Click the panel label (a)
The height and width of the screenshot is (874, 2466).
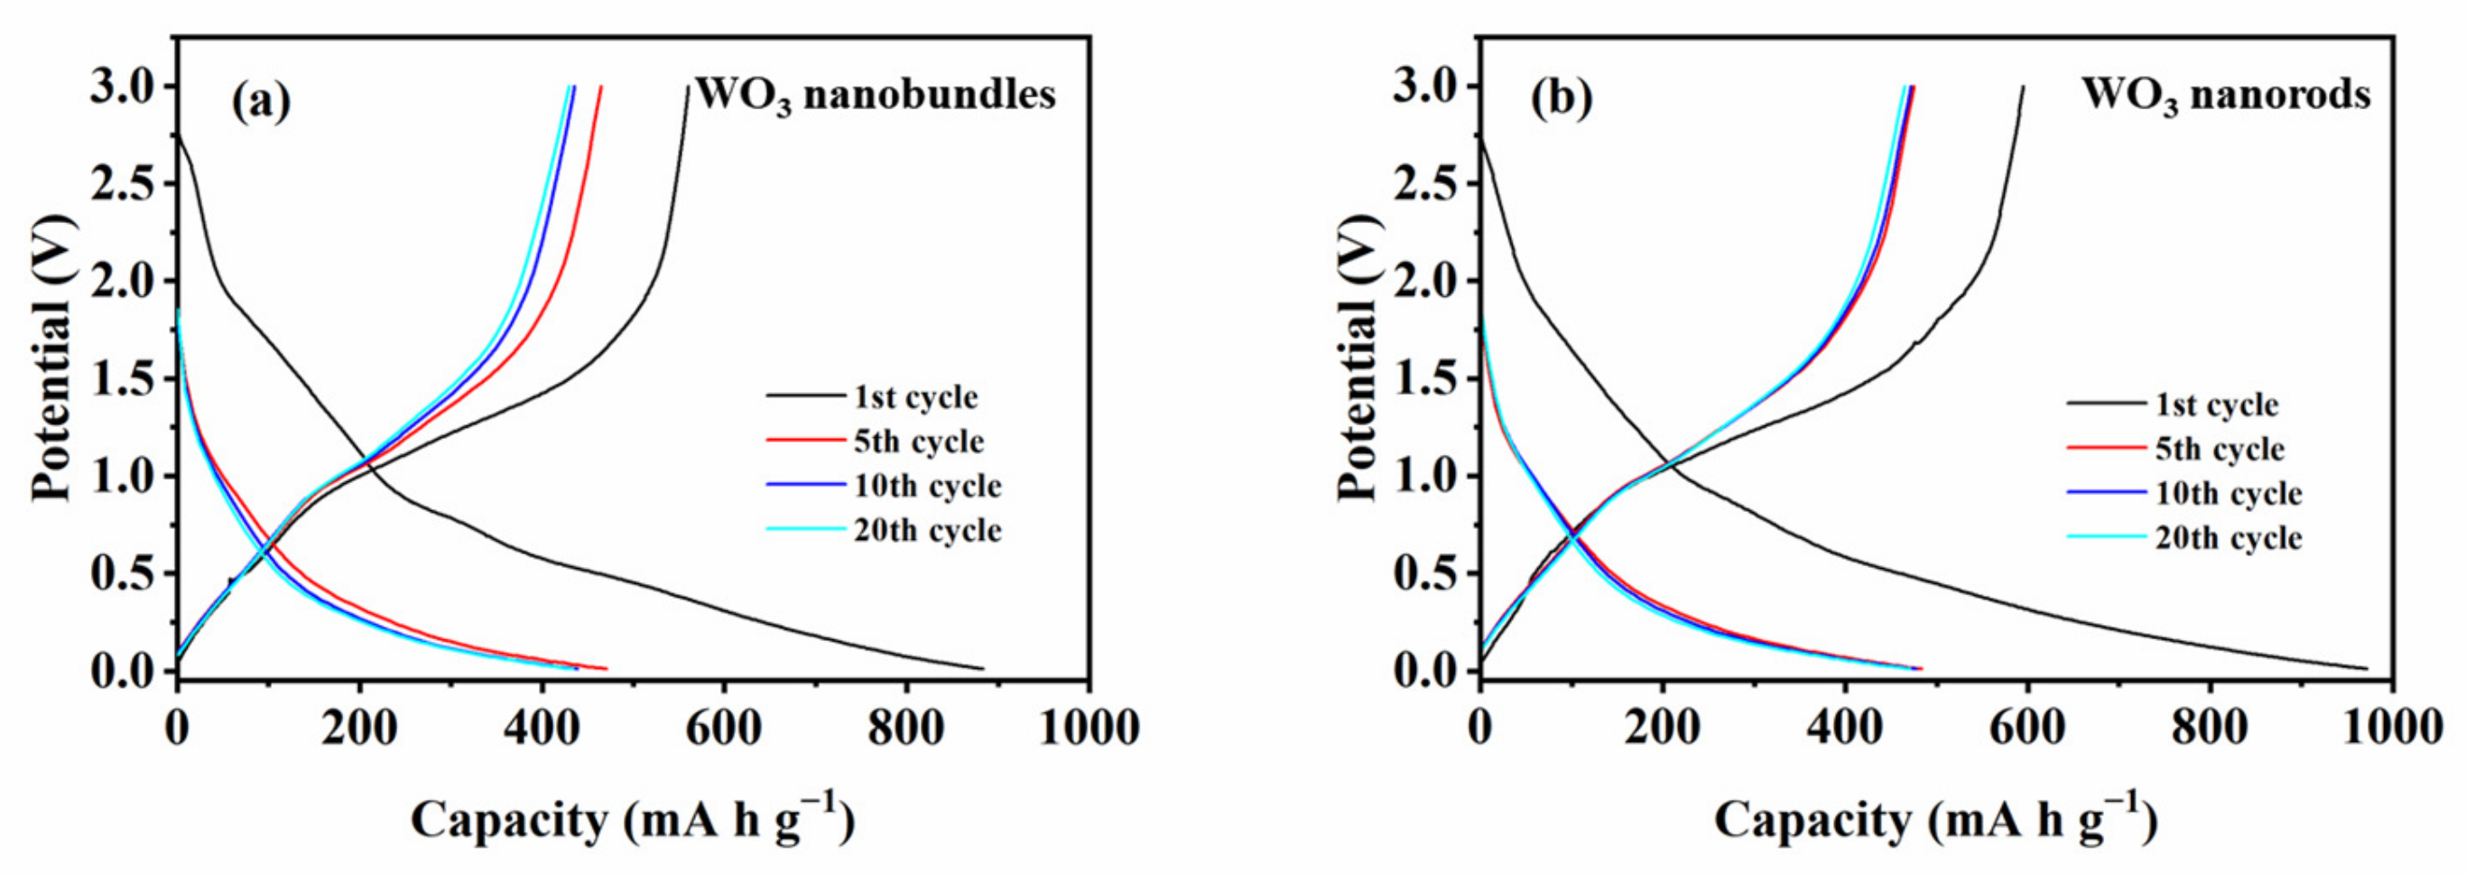click(x=260, y=100)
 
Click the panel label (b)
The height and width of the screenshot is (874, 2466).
click(x=1562, y=98)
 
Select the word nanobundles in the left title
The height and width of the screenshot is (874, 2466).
click(x=929, y=95)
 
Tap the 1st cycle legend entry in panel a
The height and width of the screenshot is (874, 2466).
click(x=915, y=396)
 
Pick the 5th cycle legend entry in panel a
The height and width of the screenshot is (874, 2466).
click(x=918, y=442)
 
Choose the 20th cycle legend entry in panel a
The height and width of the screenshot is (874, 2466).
click(x=927, y=529)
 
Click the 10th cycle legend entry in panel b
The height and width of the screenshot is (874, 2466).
click(x=2228, y=493)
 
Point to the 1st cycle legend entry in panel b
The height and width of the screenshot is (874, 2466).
click(x=2216, y=404)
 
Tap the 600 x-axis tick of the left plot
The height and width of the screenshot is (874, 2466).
click(x=723, y=729)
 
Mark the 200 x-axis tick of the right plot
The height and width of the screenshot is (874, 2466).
click(x=1662, y=729)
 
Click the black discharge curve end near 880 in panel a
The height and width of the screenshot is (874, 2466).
click(x=981, y=668)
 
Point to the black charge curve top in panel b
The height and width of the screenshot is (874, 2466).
click(x=2023, y=88)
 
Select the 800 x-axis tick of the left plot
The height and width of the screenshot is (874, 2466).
click(x=904, y=729)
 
